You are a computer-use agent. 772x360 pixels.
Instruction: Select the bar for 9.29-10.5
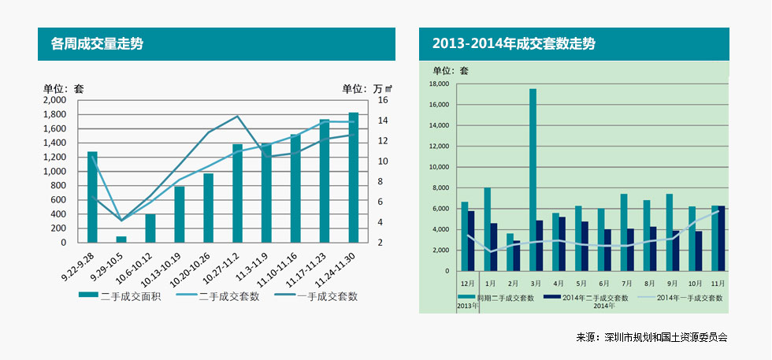point(121,239)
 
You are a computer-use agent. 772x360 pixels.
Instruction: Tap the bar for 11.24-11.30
point(354,177)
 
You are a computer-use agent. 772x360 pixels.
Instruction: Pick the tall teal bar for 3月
point(533,180)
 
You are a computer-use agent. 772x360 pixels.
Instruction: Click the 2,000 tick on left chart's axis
point(55,101)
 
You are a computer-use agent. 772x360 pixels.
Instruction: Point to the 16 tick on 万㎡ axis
point(383,101)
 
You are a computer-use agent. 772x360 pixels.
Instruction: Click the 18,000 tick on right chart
point(439,84)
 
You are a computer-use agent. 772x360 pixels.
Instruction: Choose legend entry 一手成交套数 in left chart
point(316,297)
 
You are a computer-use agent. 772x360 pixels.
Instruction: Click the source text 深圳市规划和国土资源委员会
point(665,337)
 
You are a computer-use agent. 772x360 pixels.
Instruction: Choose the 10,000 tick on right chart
point(439,167)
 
